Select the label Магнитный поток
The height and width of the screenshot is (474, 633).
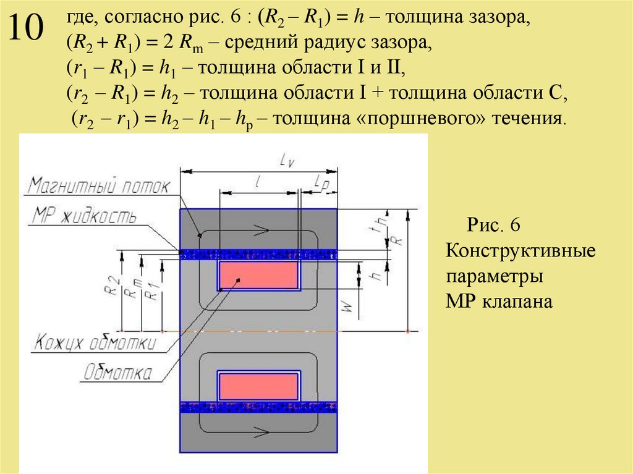point(98,187)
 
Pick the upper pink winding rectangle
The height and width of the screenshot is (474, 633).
point(258,276)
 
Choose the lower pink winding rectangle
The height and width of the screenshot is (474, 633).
point(258,386)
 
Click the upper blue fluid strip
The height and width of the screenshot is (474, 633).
point(258,254)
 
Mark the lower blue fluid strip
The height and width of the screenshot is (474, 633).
point(258,407)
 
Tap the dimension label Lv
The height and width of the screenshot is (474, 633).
point(286,161)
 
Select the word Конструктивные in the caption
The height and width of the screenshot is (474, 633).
point(520,251)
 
